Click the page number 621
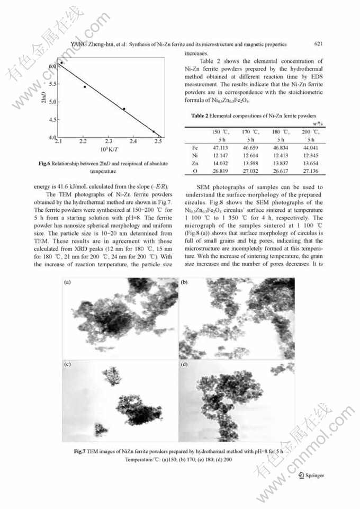(318, 44)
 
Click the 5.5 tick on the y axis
(53, 84)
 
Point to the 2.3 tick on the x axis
(109, 141)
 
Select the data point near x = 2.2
(85, 87)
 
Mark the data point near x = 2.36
(124, 109)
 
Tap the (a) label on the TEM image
(67, 283)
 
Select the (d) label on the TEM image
(184, 365)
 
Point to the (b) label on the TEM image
(184, 283)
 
